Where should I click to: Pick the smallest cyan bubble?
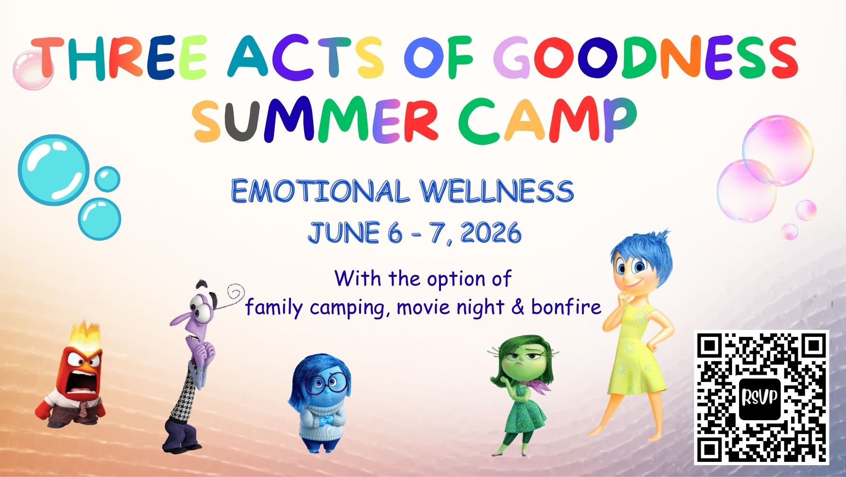pyautogui.click(x=107, y=179)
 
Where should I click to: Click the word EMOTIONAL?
pyautogui.click(x=320, y=191)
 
